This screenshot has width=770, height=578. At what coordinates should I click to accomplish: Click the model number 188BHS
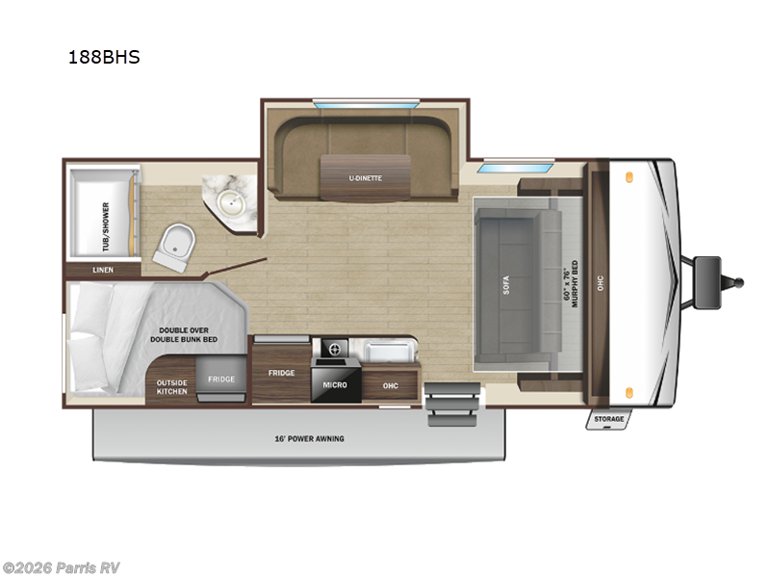coord(104,57)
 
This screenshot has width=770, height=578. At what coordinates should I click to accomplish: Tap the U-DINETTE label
coord(364,177)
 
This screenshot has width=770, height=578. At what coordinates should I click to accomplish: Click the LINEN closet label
coord(103,270)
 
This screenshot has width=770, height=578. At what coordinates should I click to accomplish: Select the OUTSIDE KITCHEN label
coord(172,386)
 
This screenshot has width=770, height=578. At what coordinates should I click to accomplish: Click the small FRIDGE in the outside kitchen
coord(221,379)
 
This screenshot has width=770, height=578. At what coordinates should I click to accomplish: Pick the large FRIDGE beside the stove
coord(281,372)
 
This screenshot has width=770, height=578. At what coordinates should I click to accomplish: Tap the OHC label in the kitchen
coord(390,385)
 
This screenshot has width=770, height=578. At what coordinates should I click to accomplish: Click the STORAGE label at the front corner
coord(608,419)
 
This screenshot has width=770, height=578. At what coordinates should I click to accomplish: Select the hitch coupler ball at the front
coord(739,283)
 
